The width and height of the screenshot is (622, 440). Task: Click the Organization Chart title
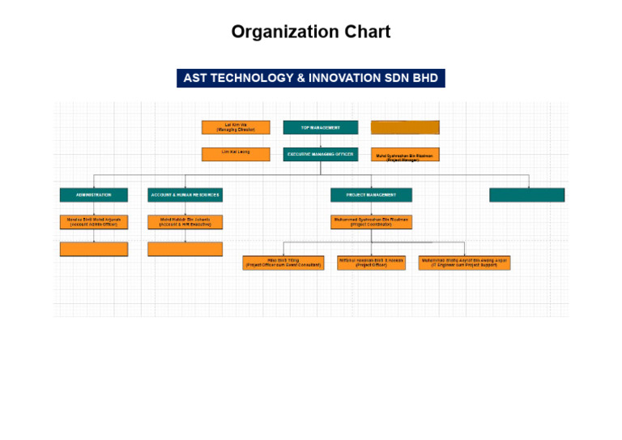pyautogui.click(x=311, y=32)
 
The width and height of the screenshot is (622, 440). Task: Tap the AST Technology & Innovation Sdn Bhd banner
pyautogui.click(x=311, y=78)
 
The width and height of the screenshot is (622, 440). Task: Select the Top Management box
pyautogui.click(x=320, y=127)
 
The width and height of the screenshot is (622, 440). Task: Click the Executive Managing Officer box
pyautogui.click(x=320, y=154)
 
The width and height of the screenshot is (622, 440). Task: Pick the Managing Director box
pyautogui.click(x=236, y=127)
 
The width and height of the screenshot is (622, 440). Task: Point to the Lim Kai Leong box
pyautogui.click(x=236, y=153)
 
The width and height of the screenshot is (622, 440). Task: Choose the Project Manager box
pyautogui.click(x=405, y=155)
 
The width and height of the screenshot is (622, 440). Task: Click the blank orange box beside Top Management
pyautogui.click(x=405, y=127)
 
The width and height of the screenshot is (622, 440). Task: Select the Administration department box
pyautogui.click(x=93, y=194)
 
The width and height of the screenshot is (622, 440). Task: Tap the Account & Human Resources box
pyautogui.click(x=185, y=194)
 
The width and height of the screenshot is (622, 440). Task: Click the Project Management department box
pyautogui.click(x=371, y=194)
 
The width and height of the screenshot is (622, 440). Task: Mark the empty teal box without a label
pyautogui.click(x=526, y=194)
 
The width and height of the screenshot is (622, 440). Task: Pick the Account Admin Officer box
pyautogui.click(x=94, y=221)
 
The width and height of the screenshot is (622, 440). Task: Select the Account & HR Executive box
pyautogui.click(x=185, y=221)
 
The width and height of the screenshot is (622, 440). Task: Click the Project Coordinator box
pyautogui.click(x=371, y=221)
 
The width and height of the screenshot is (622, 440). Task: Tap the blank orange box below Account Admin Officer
pyautogui.click(x=94, y=249)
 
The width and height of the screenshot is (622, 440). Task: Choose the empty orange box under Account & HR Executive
pyautogui.click(x=185, y=249)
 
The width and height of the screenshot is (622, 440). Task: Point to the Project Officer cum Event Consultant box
pyautogui.click(x=283, y=263)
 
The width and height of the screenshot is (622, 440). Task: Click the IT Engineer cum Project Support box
pyautogui.click(x=464, y=263)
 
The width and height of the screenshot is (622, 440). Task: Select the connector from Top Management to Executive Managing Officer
pyautogui.click(x=320, y=140)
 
